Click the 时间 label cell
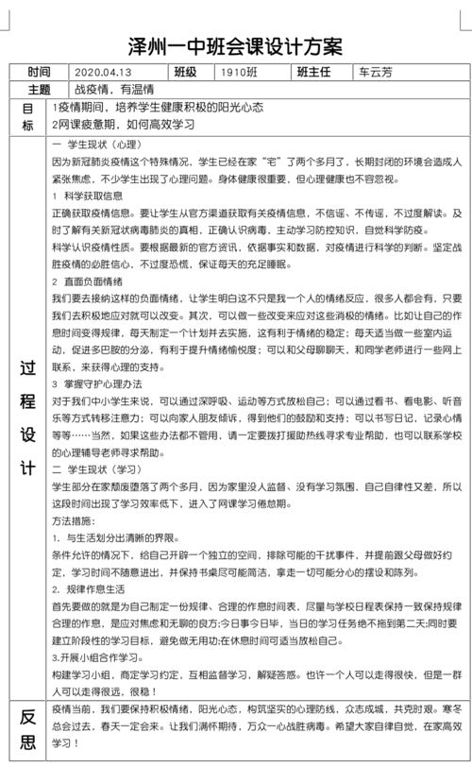(40, 73)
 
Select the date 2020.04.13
(105, 73)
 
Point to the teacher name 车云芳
(378, 73)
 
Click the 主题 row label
(40, 91)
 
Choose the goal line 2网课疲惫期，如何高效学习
(137, 126)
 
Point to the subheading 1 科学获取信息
(90, 196)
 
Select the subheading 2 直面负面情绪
(90, 281)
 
